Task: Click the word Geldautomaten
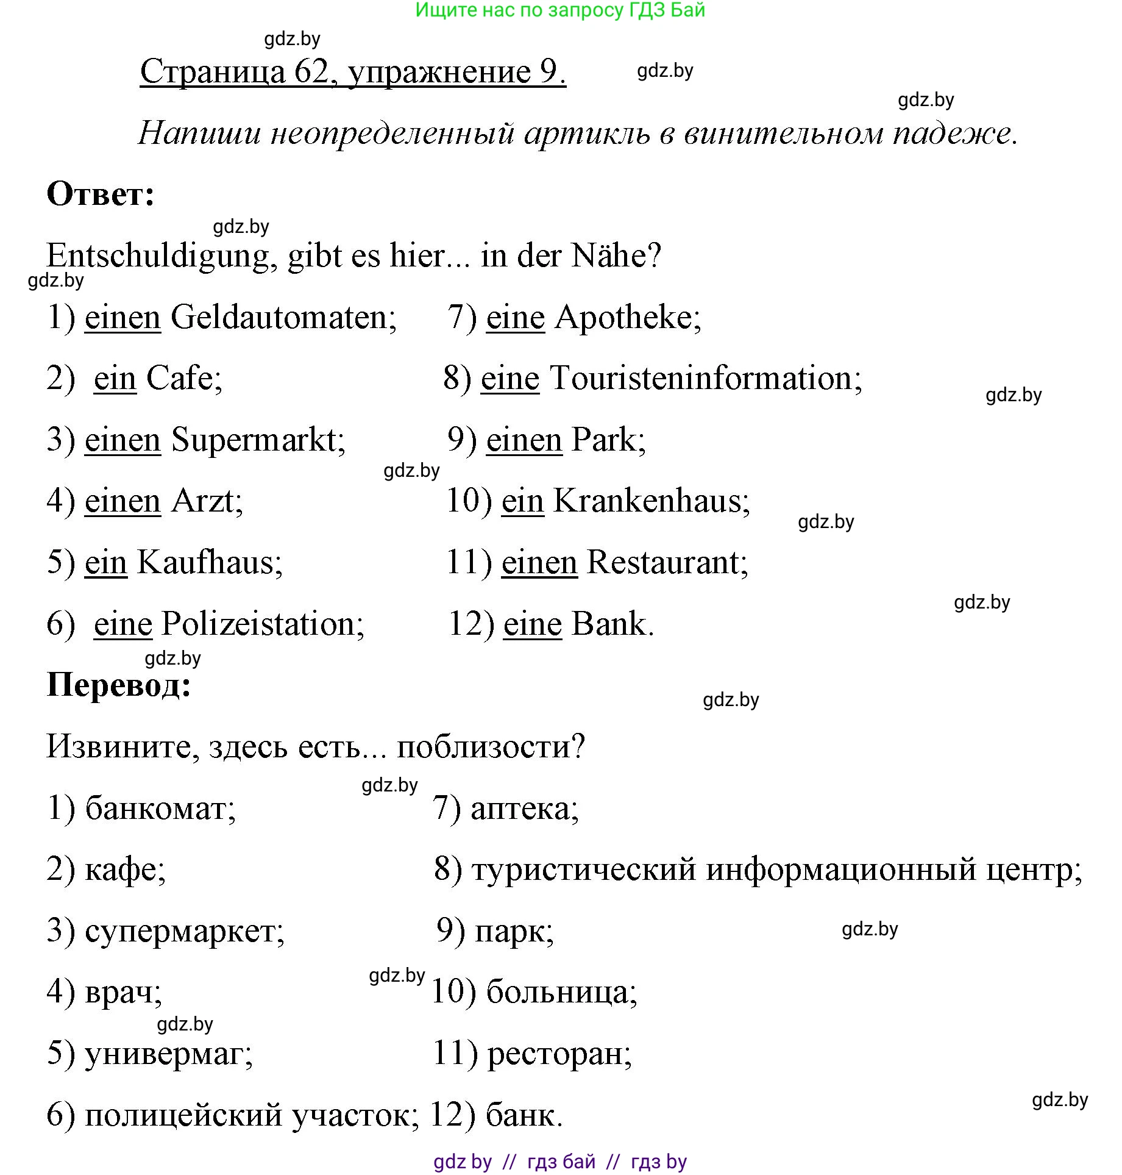coord(283,318)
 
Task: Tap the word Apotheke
coord(627,318)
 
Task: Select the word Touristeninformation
coord(705,379)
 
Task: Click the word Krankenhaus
coord(651,501)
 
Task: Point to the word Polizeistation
coord(262,624)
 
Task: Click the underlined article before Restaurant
coord(539,563)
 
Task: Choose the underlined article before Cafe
coord(115,379)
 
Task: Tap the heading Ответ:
coord(101,195)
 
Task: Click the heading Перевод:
coord(119,685)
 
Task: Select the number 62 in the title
coord(311,72)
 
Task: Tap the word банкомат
coord(160,809)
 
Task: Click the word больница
coord(561,993)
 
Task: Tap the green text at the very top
coord(559,10)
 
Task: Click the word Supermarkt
coord(257,440)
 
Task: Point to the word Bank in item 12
coord(612,624)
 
